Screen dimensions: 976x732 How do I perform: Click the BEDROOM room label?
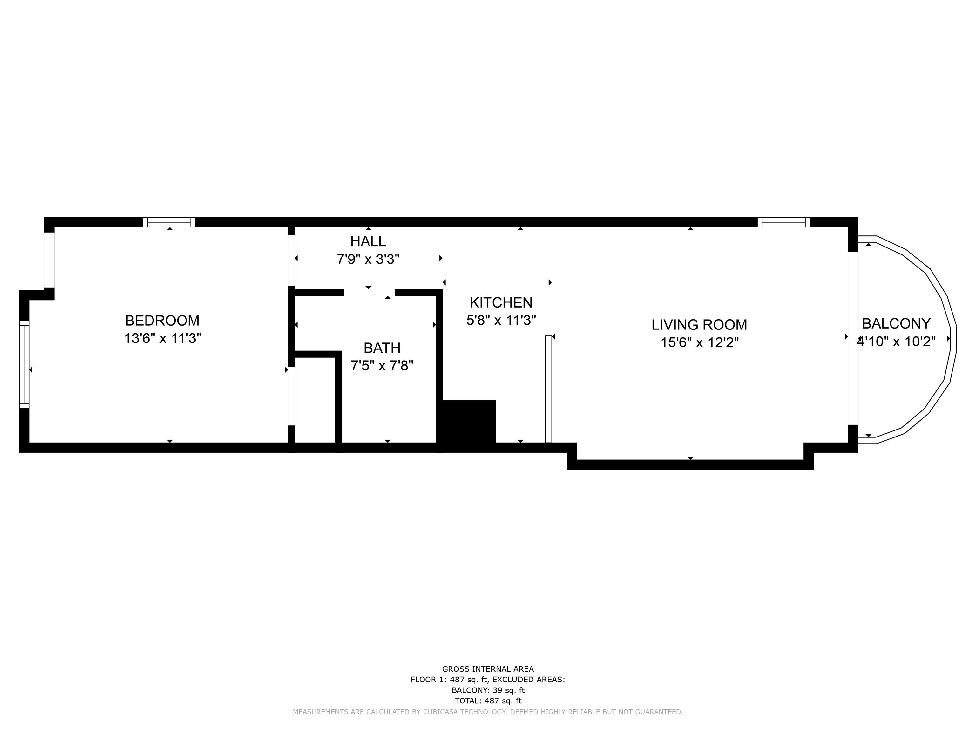(x=162, y=320)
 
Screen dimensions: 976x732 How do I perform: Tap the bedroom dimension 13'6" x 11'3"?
(x=162, y=338)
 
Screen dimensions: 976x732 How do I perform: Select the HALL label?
(x=368, y=241)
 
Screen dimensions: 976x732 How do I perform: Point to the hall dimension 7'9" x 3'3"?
(x=368, y=259)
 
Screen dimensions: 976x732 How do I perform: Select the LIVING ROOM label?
(x=699, y=325)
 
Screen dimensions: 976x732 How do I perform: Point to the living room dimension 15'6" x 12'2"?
(x=699, y=342)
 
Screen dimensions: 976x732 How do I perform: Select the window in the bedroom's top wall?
(x=169, y=222)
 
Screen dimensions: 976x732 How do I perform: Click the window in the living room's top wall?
(x=783, y=222)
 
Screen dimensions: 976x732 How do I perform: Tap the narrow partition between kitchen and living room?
(x=548, y=389)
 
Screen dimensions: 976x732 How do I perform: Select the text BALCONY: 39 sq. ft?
(x=488, y=690)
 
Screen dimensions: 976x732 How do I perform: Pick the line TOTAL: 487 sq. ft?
(x=488, y=701)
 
